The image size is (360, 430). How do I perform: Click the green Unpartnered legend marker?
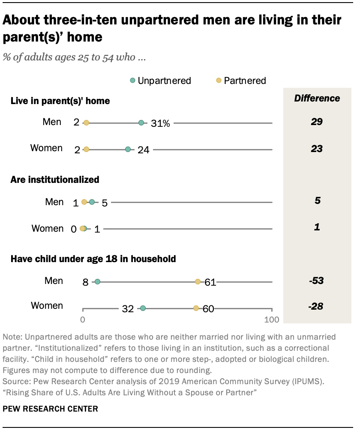click(133, 81)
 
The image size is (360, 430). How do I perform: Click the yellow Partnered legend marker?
click(219, 81)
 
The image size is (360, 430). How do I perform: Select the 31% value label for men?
click(160, 123)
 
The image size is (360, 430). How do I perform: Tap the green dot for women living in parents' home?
click(128, 149)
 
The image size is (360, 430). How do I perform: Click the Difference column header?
click(317, 98)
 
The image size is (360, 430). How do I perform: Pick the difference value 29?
click(317, 122)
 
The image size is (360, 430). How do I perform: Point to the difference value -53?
click(317, 281)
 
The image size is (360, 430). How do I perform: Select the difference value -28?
click(317, 306)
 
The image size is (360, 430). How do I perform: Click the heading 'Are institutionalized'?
click(55, 179)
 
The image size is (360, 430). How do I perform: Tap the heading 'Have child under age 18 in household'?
click(93, 259)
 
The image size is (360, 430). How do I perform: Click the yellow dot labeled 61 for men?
click(198, 281)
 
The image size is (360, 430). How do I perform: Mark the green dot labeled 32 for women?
click(143, 308)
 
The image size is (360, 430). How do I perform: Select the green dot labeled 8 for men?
click(97, 281)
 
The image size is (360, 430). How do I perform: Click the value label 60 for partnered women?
click(208, 309)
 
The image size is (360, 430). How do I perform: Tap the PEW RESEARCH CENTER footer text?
click(50, 409)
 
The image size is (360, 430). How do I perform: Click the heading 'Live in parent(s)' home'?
click(60, 101)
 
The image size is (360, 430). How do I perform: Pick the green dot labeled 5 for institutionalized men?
click(92, 202)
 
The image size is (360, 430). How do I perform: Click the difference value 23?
click(317, 149)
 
